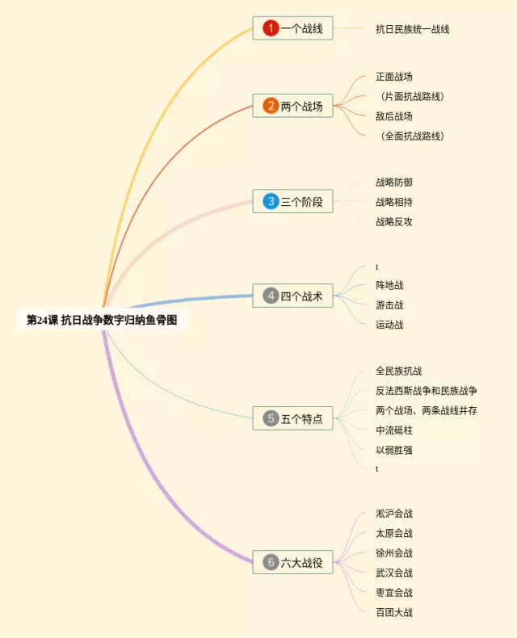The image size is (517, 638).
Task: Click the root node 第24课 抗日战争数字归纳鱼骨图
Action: tap(102, 320)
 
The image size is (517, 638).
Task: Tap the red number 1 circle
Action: tap(271, 28)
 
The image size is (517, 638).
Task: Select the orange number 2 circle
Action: tap(271, 106)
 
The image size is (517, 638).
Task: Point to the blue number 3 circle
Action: tap(271, 202)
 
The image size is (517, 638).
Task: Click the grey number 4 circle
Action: tap(271, 296)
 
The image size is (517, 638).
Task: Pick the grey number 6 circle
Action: tap(271, 562)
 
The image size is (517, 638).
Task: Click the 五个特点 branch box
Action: tap(292, 418)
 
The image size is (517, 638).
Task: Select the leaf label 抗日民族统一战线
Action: tap(412, 29)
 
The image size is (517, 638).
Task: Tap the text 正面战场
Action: tap(394, 78)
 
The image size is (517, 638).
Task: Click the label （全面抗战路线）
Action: tap(412, 136)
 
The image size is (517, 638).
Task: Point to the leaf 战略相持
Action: tap(394, 202)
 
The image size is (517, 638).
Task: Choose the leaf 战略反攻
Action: tap(394, 221)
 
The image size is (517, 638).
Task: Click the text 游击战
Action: tap(389, 305)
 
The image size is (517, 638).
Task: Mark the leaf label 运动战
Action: tap(389, 325)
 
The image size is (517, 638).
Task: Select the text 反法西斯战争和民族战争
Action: tap(427, 391)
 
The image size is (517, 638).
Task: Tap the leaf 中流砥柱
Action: tap(394, 430)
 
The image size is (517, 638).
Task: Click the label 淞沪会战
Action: tap(394, 514)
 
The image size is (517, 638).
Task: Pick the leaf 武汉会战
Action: tap(394, 573)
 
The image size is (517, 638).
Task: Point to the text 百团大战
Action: tap(394, 613)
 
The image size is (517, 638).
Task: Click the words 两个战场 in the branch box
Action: tap(301, 106)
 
